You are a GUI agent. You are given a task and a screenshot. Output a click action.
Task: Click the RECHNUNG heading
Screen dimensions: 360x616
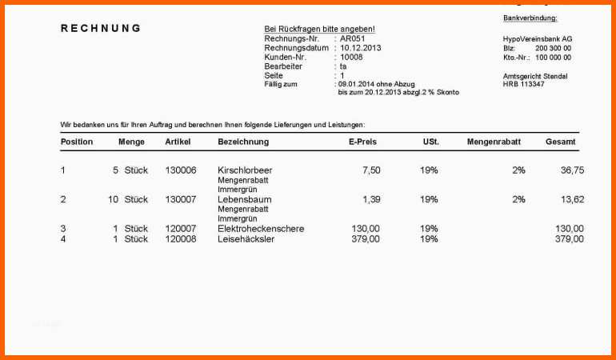(x=101, y=28)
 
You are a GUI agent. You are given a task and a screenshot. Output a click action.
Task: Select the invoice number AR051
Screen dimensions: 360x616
(x=352, y=38)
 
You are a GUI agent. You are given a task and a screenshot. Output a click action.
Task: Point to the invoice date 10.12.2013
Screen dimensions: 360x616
(x=361, y=48)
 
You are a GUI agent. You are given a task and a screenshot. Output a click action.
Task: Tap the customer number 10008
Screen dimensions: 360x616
(x=351, y=58)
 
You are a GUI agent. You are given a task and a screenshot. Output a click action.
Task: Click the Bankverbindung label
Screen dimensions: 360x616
(x=530, y=18)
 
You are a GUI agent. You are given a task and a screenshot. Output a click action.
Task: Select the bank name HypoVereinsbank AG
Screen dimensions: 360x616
(x=538, y=39)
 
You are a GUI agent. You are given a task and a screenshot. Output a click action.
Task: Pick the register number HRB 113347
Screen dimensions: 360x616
(x=523, y=84)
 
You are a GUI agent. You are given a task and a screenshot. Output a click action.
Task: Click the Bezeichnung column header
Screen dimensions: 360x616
(x=243, y=142)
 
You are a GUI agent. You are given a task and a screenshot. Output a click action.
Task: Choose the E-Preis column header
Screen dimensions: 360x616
(x=362, y=142)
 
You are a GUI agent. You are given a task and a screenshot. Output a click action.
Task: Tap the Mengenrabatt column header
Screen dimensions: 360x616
(x=494, y=142)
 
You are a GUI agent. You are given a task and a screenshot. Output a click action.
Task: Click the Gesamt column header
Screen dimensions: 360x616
(x=561, y=142)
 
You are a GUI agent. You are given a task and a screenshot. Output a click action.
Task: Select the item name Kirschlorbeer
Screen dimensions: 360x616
(x=245, y=170)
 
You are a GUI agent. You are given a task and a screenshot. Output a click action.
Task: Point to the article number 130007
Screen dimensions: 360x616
(x=180, y=199)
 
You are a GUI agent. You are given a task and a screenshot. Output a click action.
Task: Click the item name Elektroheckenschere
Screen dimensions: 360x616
(x=261, y=229)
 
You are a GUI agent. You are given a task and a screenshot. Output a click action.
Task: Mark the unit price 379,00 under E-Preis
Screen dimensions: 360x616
(x=366, y=238)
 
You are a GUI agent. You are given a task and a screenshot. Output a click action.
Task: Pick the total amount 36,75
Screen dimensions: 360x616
(x=572, y=170)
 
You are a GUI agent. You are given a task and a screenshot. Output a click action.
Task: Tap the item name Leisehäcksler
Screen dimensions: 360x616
(x=246, y=238)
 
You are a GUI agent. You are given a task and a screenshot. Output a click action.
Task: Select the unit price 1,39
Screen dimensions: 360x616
(x=371, y=199)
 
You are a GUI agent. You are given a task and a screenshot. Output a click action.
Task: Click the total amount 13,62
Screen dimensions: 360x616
(x=572, y=199)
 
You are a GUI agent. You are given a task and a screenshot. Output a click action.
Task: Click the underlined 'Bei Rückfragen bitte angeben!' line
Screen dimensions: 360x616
(x=319, y=29)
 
